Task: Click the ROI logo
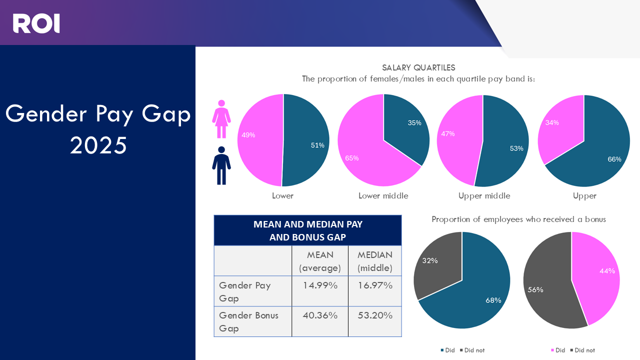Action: [x=36, y=23]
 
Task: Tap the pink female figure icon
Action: [x=221, y=119]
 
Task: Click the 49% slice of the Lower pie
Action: [x=257, y=140]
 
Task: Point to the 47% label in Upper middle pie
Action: [x=448, y=133]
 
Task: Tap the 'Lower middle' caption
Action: [x=383, y=195]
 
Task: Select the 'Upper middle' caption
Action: [x=484, y=195]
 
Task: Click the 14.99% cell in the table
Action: [x=320, y=285]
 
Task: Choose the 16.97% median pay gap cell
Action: [x=375, y=285]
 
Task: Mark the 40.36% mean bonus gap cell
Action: [x=320, y=315]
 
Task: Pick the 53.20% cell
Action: [x=375, y=315]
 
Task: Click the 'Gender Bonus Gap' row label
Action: [x=248, y=321]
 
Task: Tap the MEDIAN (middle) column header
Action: [x=375, y=261]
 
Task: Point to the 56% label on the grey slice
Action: [x=535, y=289]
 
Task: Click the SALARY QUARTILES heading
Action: [x=418, y=67]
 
